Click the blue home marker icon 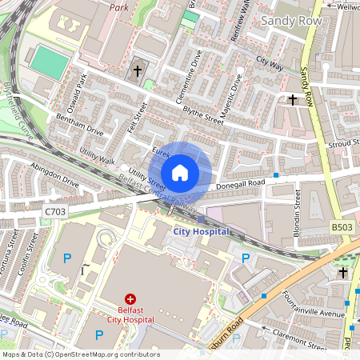(180, 172)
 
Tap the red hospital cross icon (130, 298)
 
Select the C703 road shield (55, 212)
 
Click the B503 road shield (342, 228)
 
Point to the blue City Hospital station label (202, 232)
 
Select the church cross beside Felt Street (137, 71)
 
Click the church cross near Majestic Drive (292, 100)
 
